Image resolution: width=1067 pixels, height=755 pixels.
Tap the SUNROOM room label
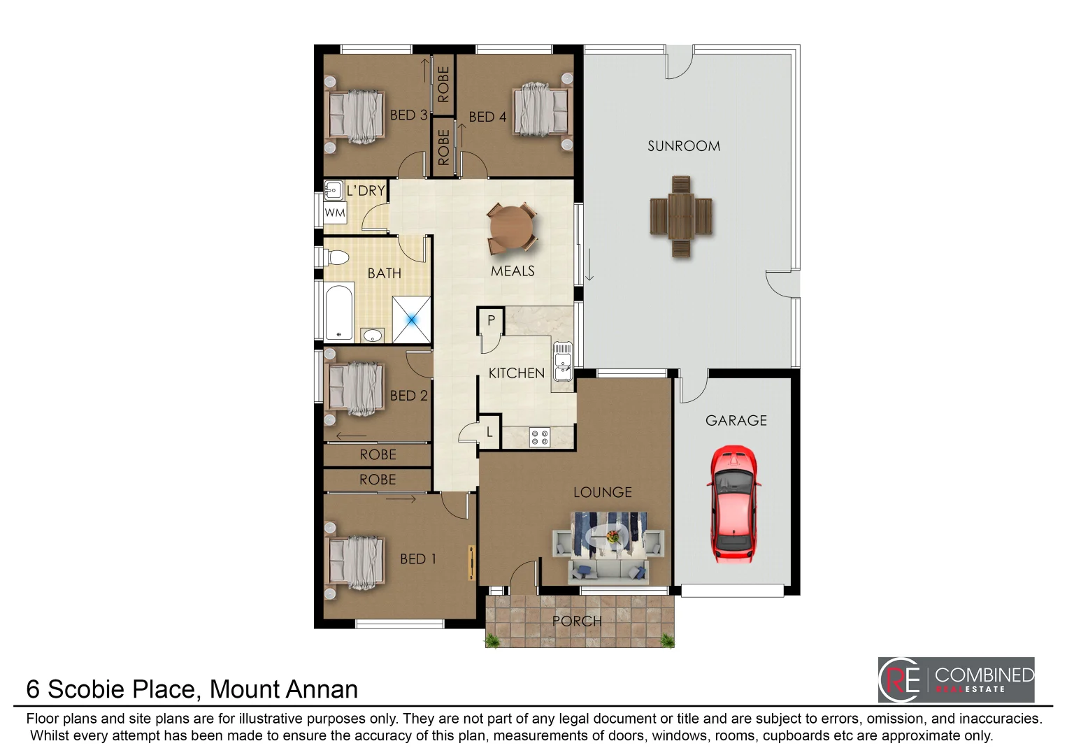(x=683, y=146)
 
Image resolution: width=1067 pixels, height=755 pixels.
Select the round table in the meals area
(x=511, y=226)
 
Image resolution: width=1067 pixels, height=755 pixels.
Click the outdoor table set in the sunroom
(x=681, y=216)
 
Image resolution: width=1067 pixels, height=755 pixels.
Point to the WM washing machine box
(x=335, y=213)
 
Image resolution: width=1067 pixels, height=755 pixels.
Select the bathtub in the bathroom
(x=339, y=312)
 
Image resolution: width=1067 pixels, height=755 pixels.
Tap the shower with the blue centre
(x=412, y=319)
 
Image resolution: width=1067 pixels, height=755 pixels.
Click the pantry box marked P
(x=491, y=320)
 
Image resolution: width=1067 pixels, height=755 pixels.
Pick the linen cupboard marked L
(x=489, y=432)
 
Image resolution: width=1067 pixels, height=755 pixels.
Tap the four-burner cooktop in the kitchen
(x=540, y=437)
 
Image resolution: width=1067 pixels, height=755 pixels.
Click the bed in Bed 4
(x=542, y=110)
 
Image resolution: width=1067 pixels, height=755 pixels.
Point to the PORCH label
(x=576, y=621)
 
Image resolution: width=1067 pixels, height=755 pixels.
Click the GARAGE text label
(x=736, y=420)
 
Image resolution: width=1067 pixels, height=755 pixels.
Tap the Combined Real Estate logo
(x=956, y=679)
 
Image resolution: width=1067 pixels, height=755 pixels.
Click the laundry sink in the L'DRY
(x=333, y=189)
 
